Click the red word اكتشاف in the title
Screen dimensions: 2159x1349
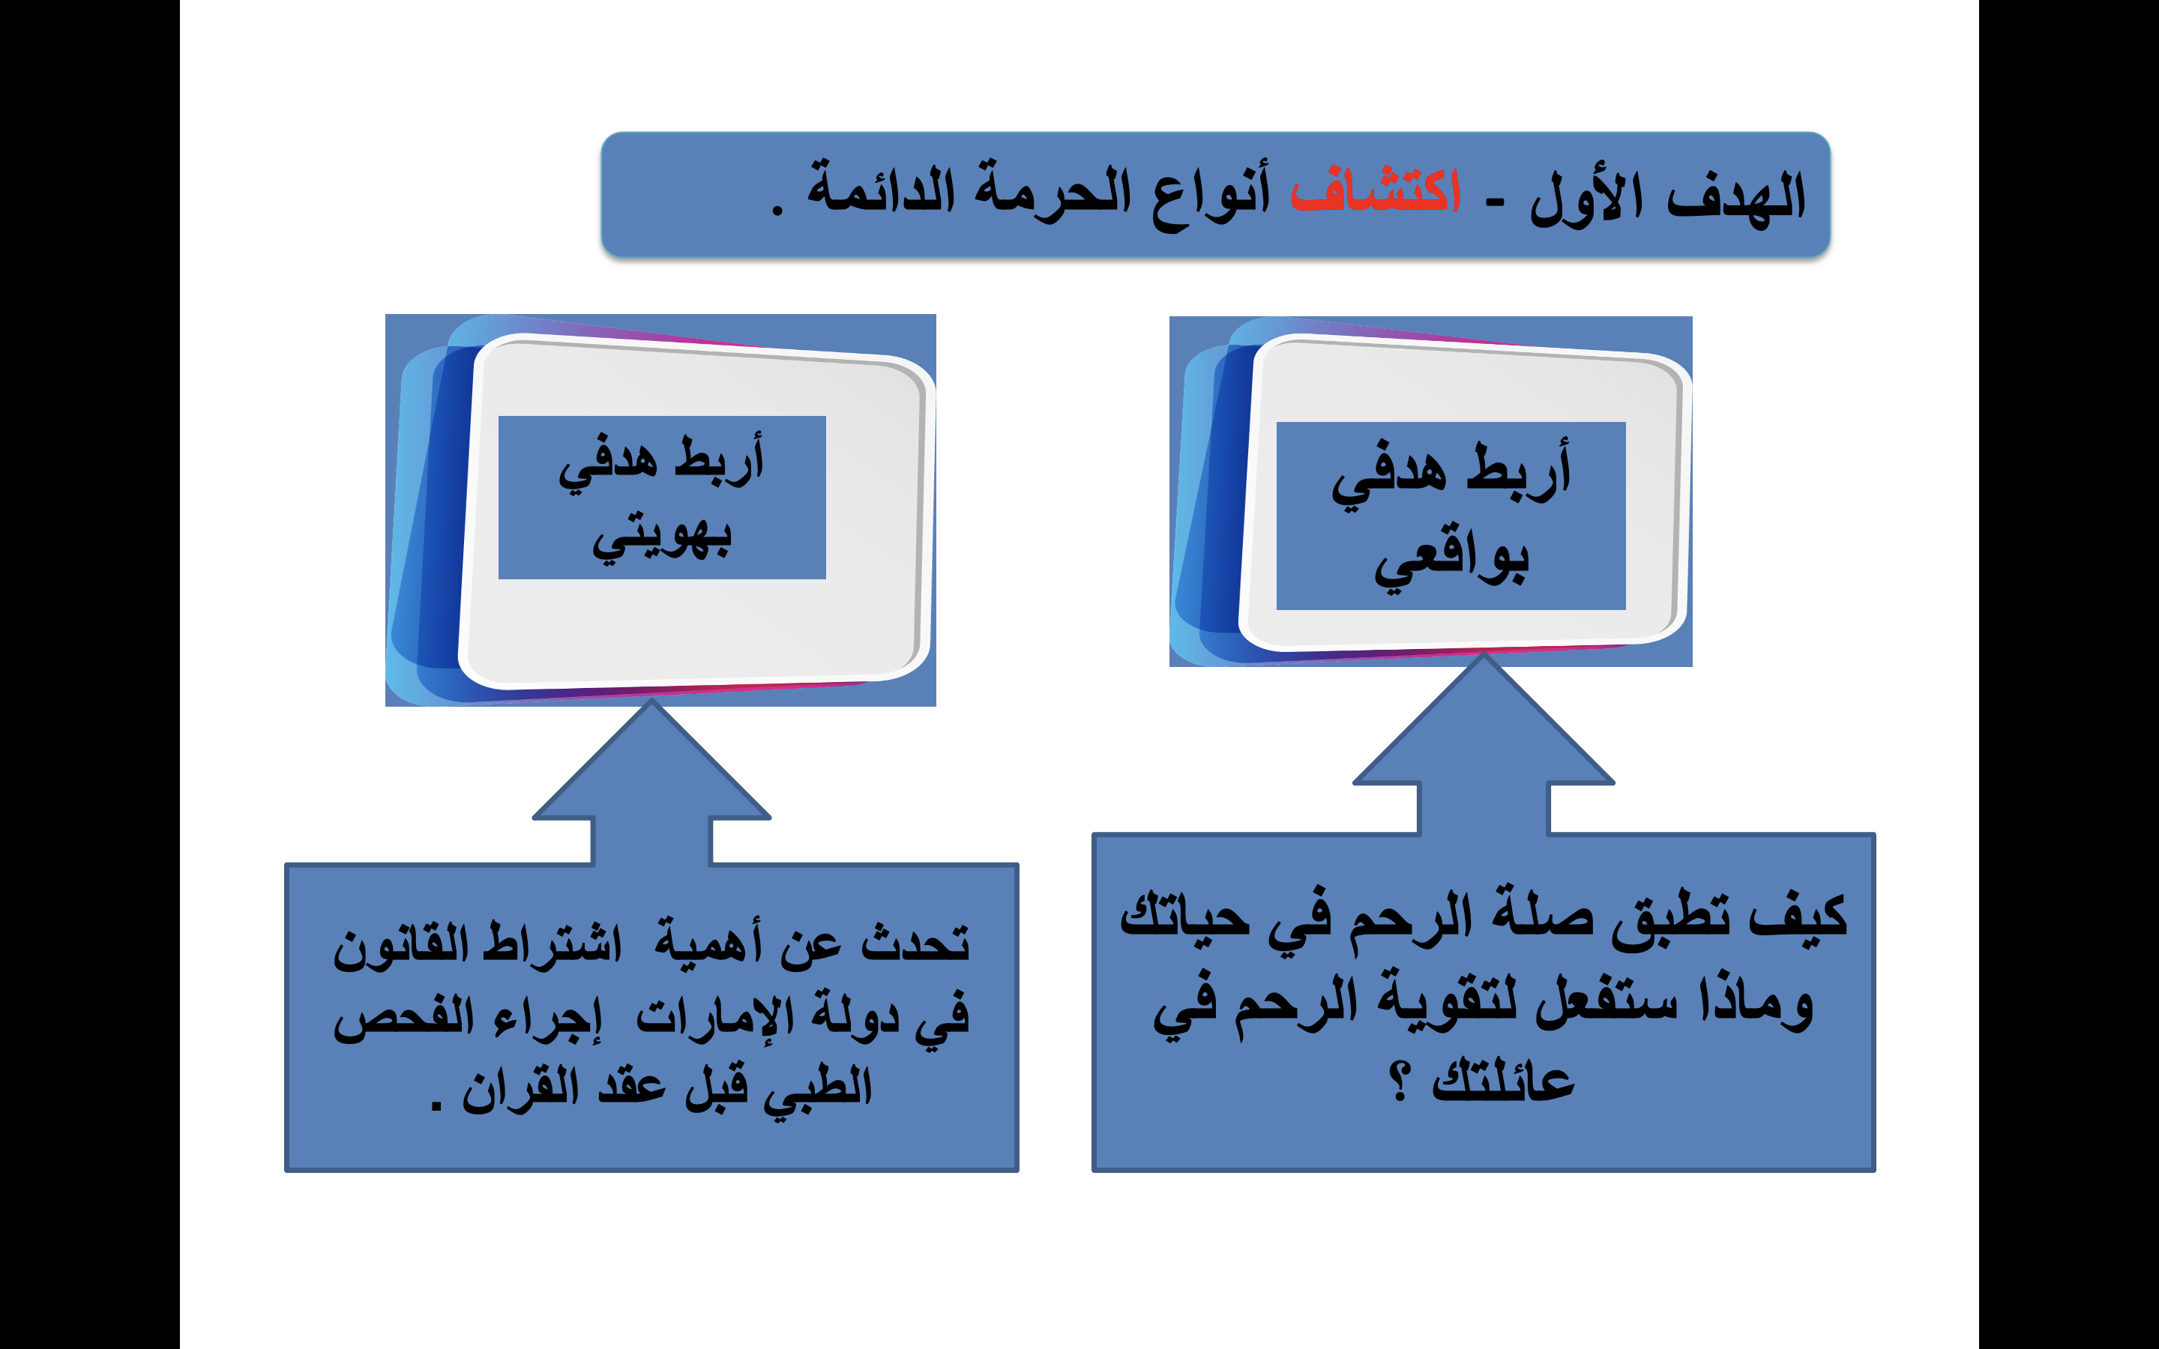(1376, 189)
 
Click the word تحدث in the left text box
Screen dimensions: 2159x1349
(915, 942)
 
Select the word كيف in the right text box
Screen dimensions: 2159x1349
(1797, 915)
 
